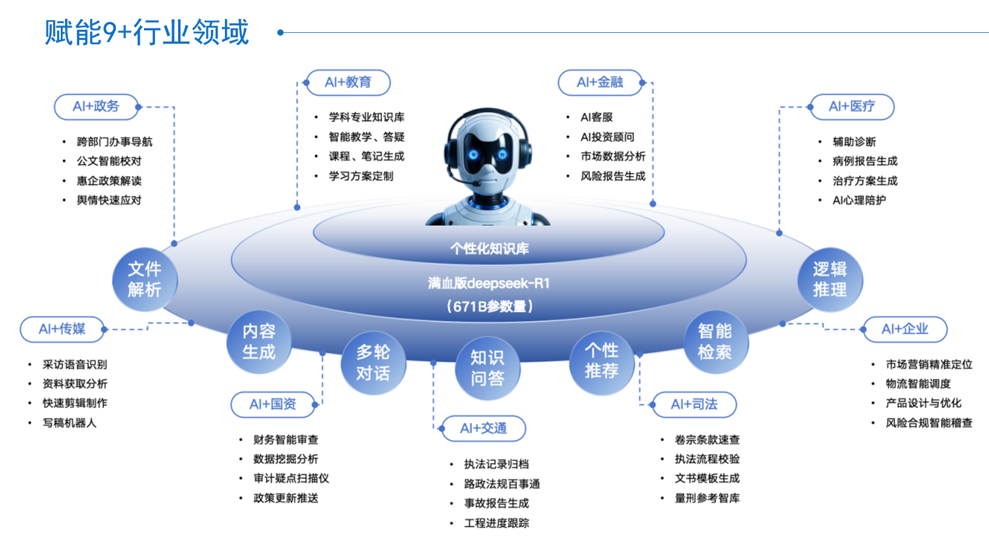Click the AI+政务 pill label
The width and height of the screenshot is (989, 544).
[96, 107]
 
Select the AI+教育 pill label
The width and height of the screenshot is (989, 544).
[348, 83]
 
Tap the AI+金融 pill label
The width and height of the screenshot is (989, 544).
[600, 83]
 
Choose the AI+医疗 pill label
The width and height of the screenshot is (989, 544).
[852, 107]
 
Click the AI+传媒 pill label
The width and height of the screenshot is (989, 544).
[62, 329]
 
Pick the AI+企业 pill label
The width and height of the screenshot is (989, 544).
[905, 329]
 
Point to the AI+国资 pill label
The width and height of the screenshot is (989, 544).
[273, 404]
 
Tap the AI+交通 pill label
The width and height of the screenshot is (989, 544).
[483, 429]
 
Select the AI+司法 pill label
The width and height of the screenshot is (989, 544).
[694, 404]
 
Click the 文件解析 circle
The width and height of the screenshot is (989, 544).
[145, 279]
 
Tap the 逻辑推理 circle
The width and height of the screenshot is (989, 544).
[830, 279]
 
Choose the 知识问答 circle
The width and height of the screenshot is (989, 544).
[488, 368]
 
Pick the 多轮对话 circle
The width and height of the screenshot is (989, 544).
[373, 362]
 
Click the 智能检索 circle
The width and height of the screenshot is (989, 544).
[715, 341]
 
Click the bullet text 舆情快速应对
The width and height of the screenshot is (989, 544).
[109, 200]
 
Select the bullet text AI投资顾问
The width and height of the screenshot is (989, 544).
[607, 137]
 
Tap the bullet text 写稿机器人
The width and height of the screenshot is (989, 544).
[69, 423]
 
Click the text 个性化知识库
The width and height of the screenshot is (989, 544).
[489, 249]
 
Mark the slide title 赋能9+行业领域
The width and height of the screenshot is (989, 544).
[147, 33]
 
